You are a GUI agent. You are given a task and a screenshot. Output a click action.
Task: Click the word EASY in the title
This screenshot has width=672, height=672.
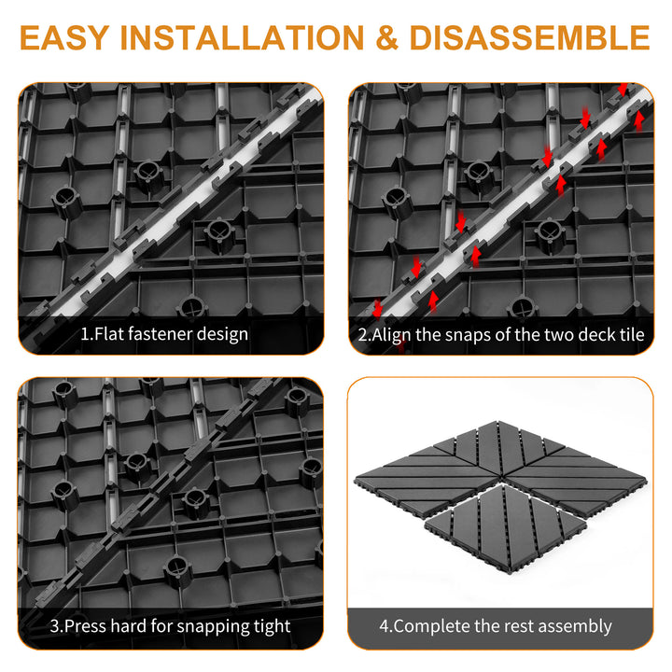click(x=63, y=37)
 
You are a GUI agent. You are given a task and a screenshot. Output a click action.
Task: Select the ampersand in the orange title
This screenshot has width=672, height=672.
click(x=387, y=37)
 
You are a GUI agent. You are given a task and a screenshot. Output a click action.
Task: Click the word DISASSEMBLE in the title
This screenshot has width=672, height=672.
click(x=530, y=37)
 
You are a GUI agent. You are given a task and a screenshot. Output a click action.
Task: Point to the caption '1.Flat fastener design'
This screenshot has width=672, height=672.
click(x=164, y=334)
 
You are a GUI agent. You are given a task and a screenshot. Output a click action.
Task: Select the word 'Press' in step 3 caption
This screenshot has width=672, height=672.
click(x=85, y=626)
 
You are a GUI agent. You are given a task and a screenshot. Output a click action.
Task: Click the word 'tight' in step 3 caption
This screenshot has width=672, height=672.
click(x=273, y=626)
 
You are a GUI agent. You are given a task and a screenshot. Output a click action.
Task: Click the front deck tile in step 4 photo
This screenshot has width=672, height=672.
click(x=506, y=528)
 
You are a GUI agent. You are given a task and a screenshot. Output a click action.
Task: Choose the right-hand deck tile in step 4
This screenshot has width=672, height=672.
click(x=577, y=479)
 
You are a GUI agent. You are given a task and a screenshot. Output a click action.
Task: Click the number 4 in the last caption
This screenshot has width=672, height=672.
click(x=384, y=626)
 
